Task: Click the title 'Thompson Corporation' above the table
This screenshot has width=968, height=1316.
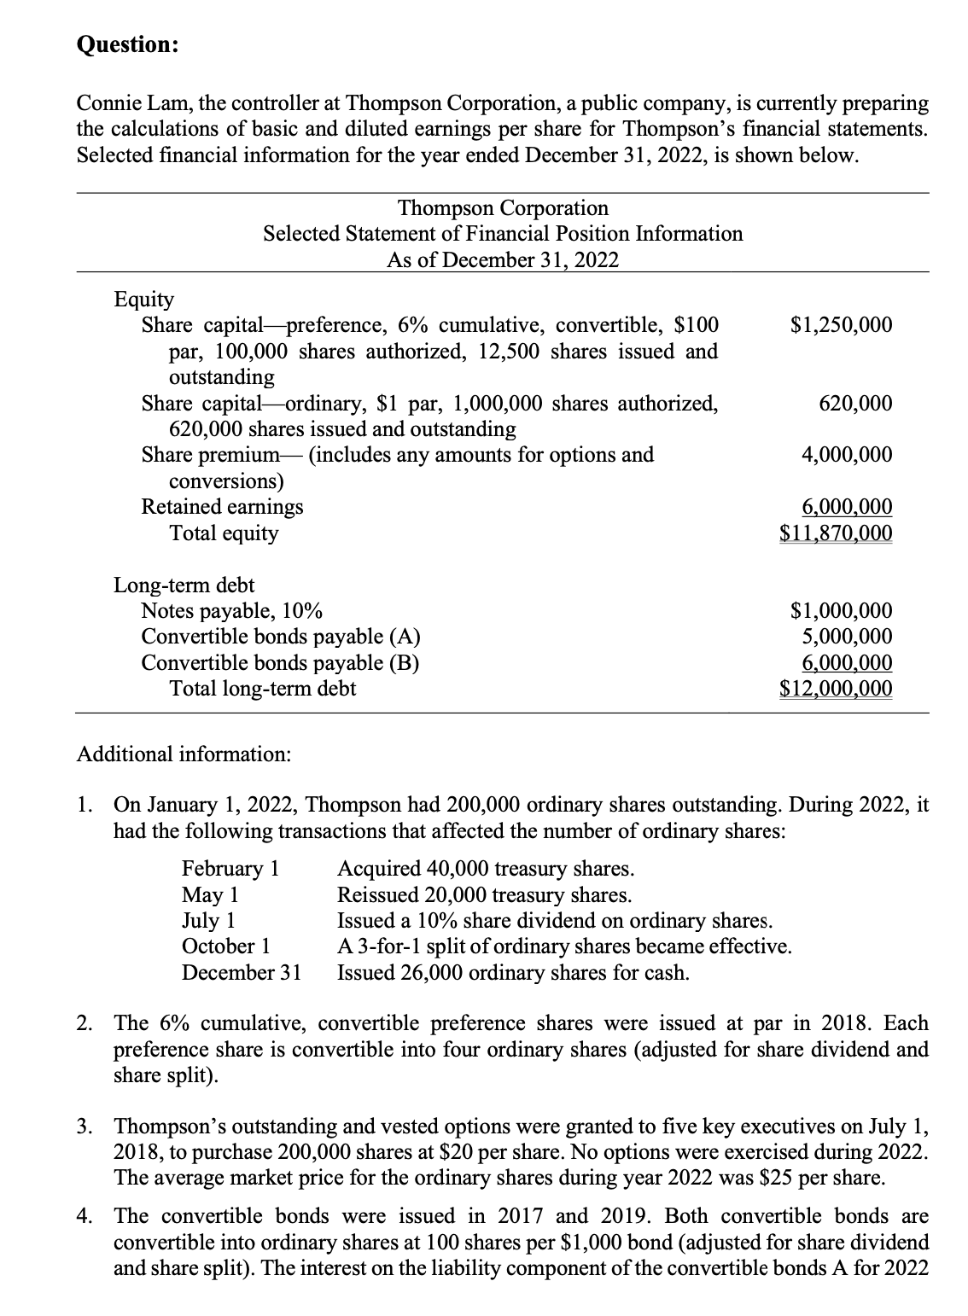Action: (503, 208)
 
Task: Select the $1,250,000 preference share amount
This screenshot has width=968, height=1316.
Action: (842, 325)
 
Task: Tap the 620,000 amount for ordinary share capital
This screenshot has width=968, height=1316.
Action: (855, 403)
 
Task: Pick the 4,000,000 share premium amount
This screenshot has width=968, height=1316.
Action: (847, 455)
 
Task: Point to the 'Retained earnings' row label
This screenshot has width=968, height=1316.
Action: (222, 507)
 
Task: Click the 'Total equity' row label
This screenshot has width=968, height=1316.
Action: (224, 533)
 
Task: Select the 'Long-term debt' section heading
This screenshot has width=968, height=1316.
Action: (184, 585)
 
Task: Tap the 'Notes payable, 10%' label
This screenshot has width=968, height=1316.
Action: (231, 611)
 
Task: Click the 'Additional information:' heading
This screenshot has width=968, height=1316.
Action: (184, 754)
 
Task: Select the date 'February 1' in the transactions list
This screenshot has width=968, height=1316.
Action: (230, 869)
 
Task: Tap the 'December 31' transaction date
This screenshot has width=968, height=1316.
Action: (242, 973)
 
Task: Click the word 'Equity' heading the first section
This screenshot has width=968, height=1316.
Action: (144, 300)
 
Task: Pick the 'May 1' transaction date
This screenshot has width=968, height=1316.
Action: (210, 895)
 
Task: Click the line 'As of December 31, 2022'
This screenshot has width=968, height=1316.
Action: (503, 260)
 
